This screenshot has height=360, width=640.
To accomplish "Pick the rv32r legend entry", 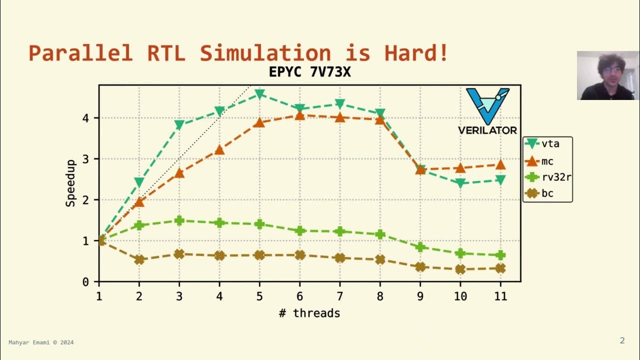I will click(x=547, y=177).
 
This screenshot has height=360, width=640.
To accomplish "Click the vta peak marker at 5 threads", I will click(x=259, y=94).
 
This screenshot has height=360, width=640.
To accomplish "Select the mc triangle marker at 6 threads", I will click(x=299, y=115).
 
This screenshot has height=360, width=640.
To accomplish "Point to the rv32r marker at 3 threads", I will click(x=179, y=220).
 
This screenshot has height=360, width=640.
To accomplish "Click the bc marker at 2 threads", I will click(x=139, y=259).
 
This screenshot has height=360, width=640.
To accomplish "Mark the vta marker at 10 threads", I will click(x=460, y=183).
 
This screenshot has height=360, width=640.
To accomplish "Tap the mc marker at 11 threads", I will click(x=500, y=165).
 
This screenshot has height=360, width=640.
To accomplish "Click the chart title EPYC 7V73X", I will click(x=309, y=72).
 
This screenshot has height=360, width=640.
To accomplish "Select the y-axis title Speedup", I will click(x=70, y=183).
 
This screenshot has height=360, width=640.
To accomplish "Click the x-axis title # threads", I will click(x=309, y=313).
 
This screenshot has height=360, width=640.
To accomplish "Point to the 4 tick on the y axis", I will click(x=85, y=118).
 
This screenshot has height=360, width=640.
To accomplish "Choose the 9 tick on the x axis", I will click(x=420, y=296).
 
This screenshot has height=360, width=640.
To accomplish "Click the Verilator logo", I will click(x=487, y=111).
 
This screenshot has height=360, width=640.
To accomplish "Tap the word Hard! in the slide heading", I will click(x=416, y=53).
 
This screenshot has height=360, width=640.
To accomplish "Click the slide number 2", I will click(x=622, y=341).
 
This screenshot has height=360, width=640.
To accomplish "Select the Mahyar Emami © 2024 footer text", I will click(x=41, y=342).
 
